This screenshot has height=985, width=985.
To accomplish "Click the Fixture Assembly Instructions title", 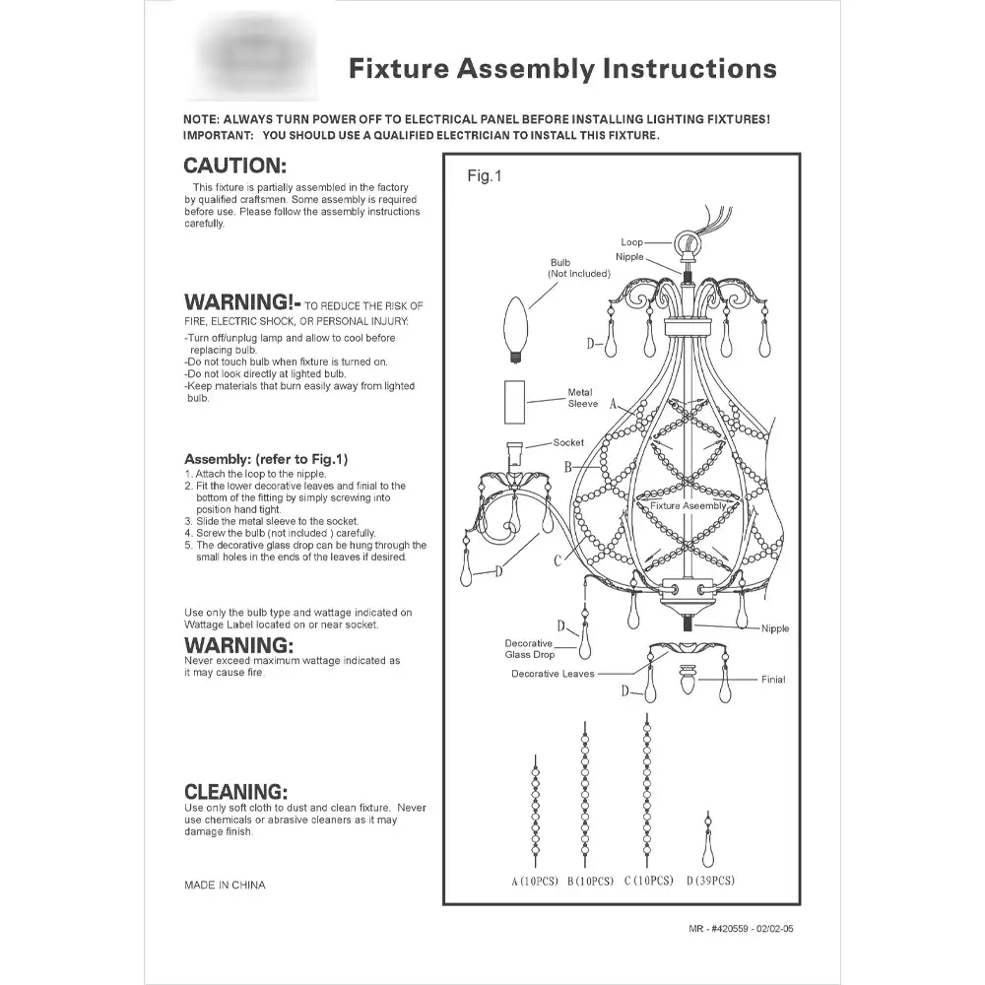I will pyautogui.click(x=562, y=69).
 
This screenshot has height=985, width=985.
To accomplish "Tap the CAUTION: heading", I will pyautogui.click(x=235, y=166).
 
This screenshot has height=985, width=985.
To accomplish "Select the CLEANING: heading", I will pyautogui.click(x=236, y=791).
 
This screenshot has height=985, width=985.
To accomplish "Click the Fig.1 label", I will pyautogui.click(x=485, y=176).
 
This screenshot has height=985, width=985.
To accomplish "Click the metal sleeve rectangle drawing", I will pyautogui.click(x=514, y=403).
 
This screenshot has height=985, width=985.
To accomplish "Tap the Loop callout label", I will pyautogui.click(x=631, y=242).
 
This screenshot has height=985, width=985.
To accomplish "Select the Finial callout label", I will pyautogui.click(x=773, y=680).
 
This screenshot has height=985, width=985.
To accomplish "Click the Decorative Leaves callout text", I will pyautogui.click(x=553, y=674).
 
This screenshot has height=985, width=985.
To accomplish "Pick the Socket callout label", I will pyautogui.click(x=568, y=443).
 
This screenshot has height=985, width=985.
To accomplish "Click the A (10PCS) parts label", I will pyautogui.click(x=535, y=881).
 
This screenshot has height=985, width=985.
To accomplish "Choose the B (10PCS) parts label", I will pyautogui.click(x=591, y=881).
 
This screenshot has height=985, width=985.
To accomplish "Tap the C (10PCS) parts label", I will pyautogui.click(x=648, y=881).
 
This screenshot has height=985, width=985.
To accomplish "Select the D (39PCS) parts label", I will pyautogui.click(x=709, y=881).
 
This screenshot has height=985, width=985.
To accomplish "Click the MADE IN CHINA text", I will pyautogui.click(x=225, y=886).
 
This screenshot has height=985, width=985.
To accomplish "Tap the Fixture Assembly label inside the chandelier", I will pyautogui.click(x=689, y=505).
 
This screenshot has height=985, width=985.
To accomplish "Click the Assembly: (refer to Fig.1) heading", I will pyautogui.click(x=266, y=459).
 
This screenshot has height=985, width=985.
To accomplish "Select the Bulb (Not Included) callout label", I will pyautogui.click(x=572, y=268).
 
